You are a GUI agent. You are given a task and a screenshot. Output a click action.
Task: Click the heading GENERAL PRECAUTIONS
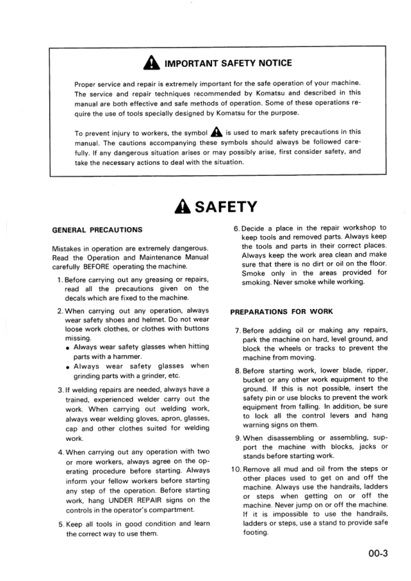coord(97,230)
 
